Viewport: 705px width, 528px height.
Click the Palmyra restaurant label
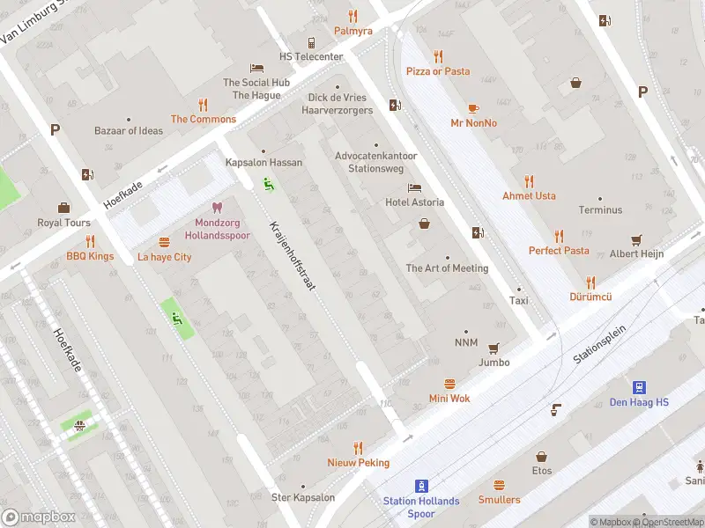pyautogui.click(x=352, y=31)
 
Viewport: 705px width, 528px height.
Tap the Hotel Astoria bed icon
pyautogui.click(x=414, y=188)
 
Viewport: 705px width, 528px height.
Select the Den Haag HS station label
pyautogui.click(x=639, y=403)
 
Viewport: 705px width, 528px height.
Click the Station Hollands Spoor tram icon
pyautogui.click(x=422, y=485)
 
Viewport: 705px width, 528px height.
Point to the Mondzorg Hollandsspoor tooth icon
pyautogui.click(x=218, y=209)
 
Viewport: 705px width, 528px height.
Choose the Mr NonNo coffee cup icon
pyautogui.click(x=473, y=108)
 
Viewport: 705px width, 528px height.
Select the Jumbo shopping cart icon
pyautogui.click(x=493, y=348)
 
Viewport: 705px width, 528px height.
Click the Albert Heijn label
pyautogui.click(x=636, y=253)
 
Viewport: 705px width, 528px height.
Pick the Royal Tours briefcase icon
pyautogui.click(x=63, y=208)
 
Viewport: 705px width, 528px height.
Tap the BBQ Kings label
pyautogui.click(x=90, y=257)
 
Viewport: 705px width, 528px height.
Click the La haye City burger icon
pyautogui.click(x=164, y=242)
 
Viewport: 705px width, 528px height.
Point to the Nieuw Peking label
pyautogui.click(x=358, y=463)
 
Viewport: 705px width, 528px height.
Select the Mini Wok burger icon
pyautogui.click(x=449, y=384)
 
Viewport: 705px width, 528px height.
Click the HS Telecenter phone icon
pyautogui.click(x=311, y=42)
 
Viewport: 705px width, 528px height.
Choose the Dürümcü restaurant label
pyautogui.click(x=590, y=297)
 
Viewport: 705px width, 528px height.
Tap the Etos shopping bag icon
pyautogui.click(x=542, y=456)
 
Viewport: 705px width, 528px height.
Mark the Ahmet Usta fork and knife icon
pyautogui.click(x=529, y=181)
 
